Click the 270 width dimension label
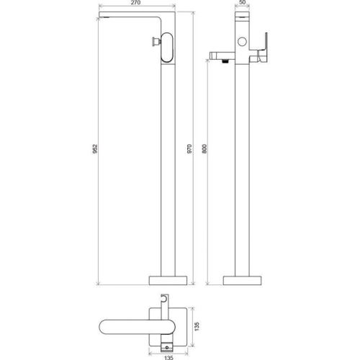136,3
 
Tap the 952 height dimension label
95,149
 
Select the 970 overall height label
189,149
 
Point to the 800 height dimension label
204,149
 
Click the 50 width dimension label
243,2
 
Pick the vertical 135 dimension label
197,327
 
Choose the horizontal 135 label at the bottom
168,358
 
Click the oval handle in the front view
167,48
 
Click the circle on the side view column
242,42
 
